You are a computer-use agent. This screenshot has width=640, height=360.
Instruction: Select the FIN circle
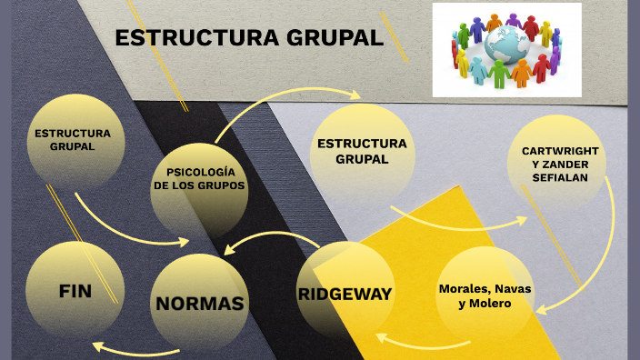[x=75, y=292]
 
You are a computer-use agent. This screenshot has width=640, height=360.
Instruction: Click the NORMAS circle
[x=200, y=303]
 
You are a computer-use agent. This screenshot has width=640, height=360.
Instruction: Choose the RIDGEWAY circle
[x=345, y=294]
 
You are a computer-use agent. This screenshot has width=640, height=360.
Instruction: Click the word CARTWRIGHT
[x=561, y=150]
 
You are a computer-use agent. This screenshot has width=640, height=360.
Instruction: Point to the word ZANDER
[x=569, y=164]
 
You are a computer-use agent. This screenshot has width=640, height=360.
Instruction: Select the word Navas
[x=515, y=288]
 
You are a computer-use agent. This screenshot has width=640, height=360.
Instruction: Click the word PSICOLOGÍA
[x=200, y=172]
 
